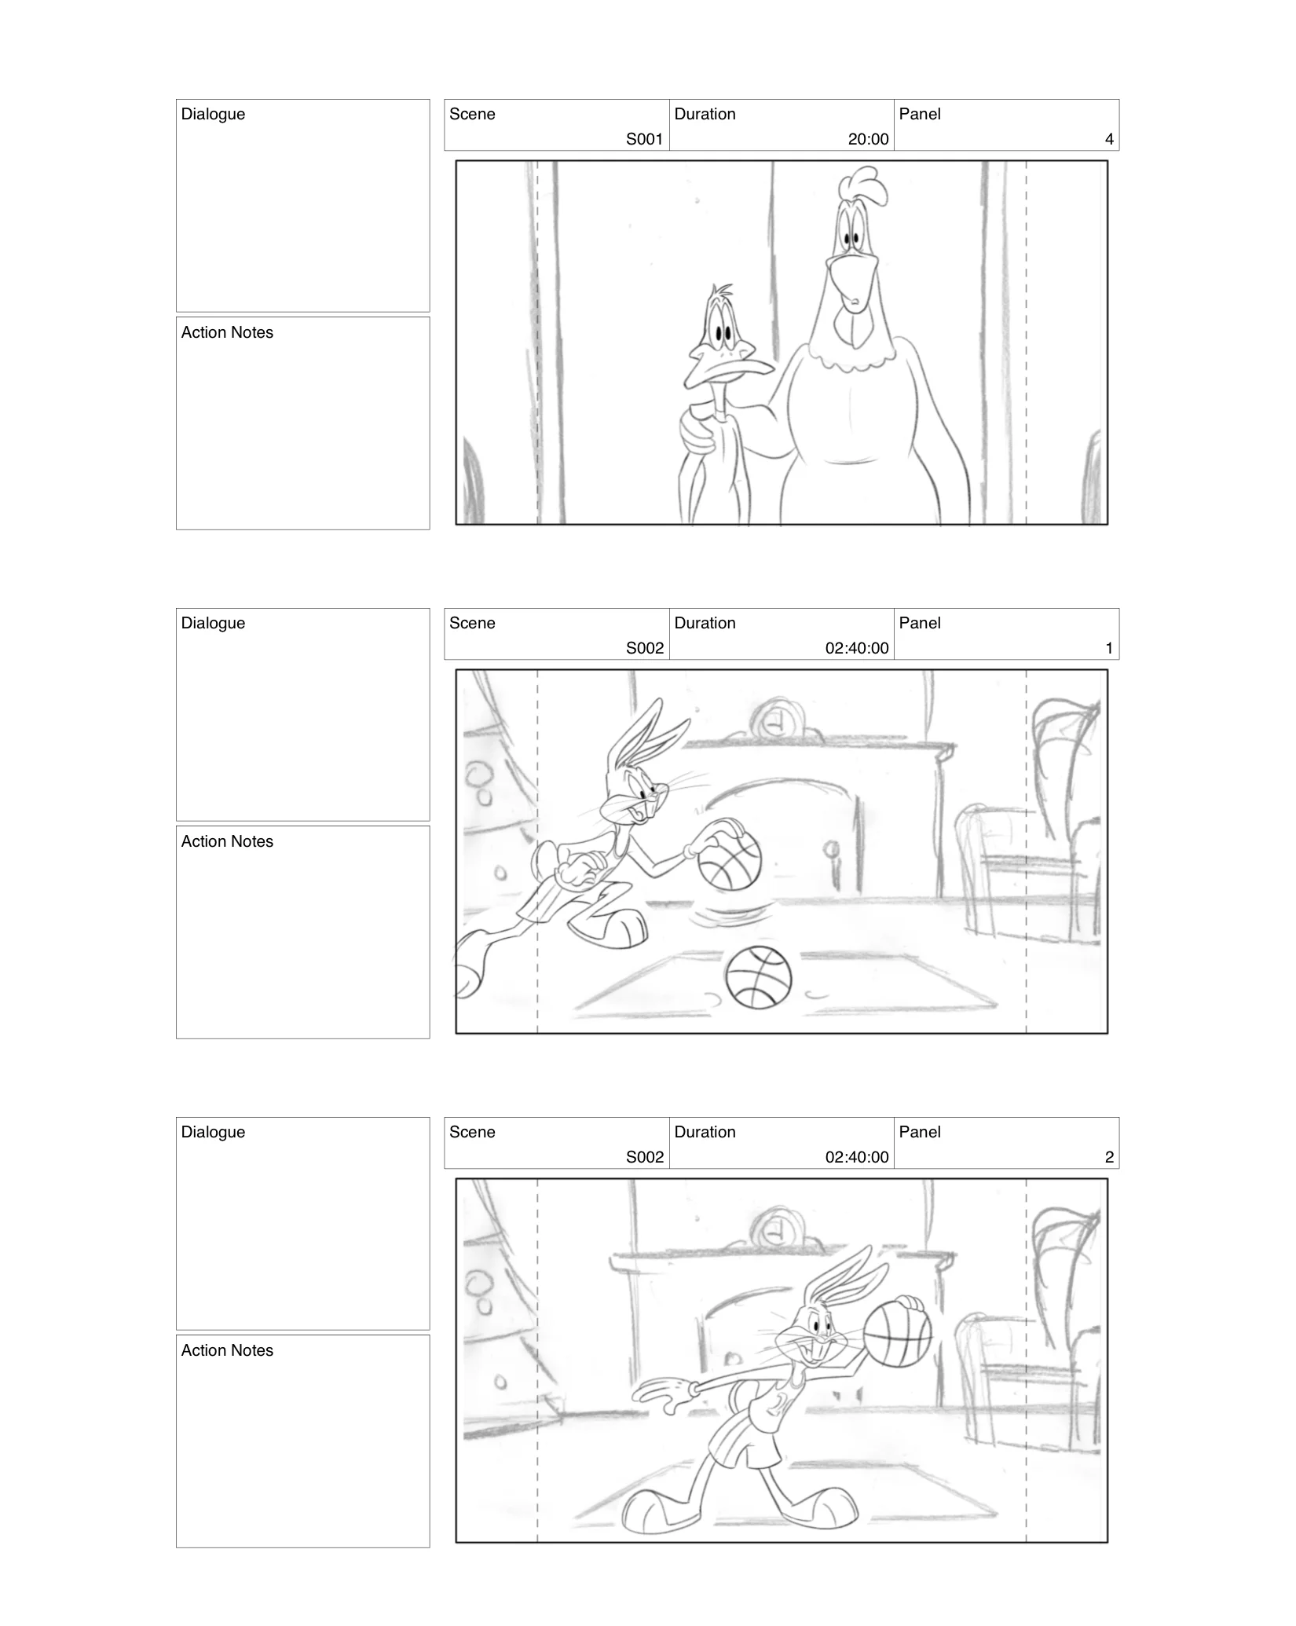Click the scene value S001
point(644,139)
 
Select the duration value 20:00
point(868,139)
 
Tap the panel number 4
point(1108,139)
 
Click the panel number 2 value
point(1108,1157)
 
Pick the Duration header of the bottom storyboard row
point(705,1132)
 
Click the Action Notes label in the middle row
point(227,841)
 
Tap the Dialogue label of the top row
point(213,114)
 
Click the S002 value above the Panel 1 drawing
point(644,648)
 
